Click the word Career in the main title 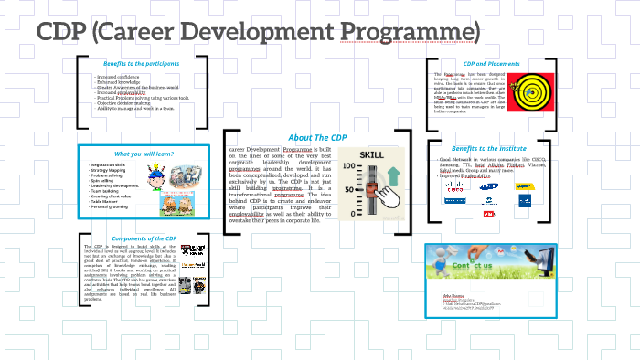165,33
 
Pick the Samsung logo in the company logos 489,189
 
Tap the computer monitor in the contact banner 529,270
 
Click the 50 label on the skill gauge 349,189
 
